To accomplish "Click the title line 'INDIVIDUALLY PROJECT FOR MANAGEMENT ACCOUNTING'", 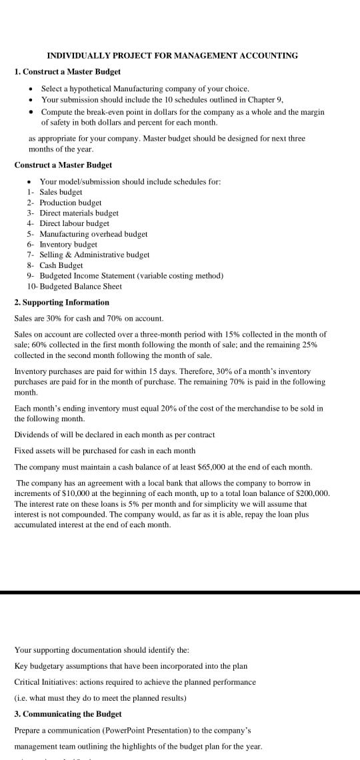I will [173, 55].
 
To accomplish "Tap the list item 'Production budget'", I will [71, 202].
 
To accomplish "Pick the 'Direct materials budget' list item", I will [79, 213].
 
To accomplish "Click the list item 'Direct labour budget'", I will [74, 223].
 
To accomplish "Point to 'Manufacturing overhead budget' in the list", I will [93, 234].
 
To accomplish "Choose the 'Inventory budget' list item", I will [68, 245].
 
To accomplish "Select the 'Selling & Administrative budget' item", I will [95, 255].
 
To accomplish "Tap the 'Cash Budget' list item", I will [61, 265].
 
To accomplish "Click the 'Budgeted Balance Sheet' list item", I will [81, 286].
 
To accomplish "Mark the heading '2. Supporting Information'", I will [61, 302].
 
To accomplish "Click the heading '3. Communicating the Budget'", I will [68, 713].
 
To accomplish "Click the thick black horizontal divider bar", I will [180, 592].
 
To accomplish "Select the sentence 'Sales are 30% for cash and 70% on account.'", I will [89, 319].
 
